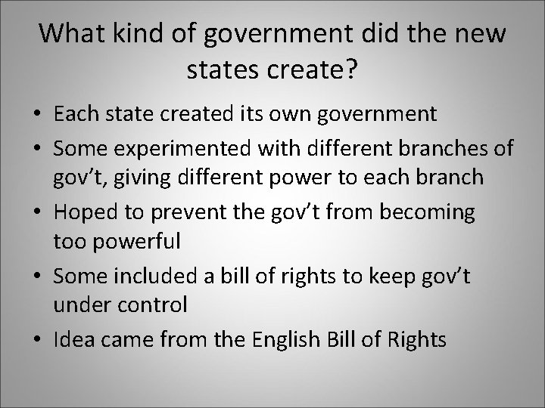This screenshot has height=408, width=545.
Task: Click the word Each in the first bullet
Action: pyautogui.click(x=73, y=114)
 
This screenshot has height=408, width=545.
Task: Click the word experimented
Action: pyautogui.click(x=179, y=147)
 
